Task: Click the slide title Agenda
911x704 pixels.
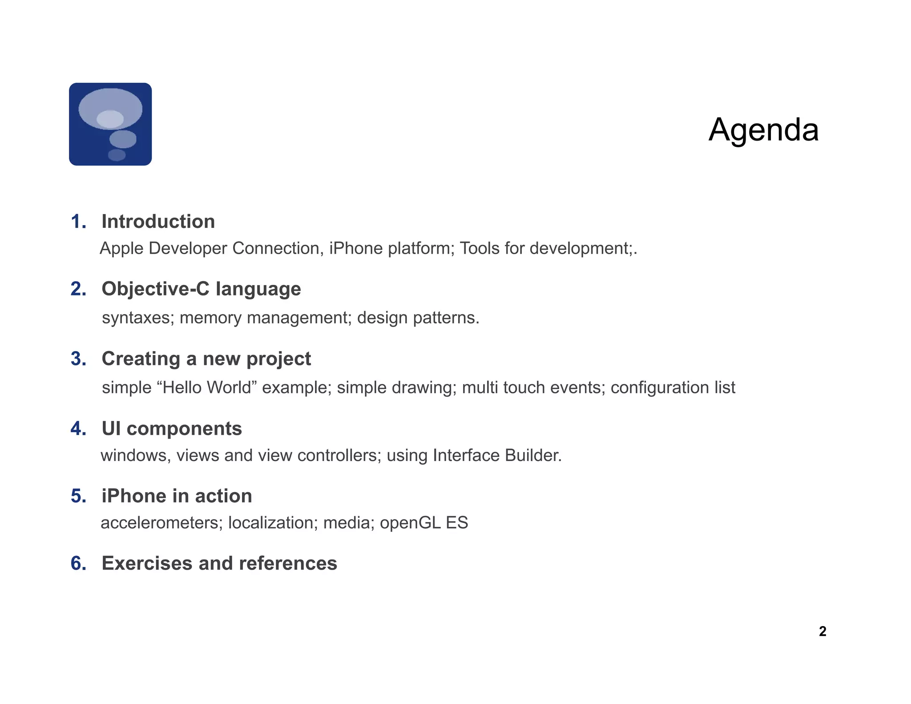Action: click(763, 130)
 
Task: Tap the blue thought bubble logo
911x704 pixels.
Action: click(110, 124)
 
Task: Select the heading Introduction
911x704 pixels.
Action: click(158, 222)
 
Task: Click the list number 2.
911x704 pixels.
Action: click(78, 289)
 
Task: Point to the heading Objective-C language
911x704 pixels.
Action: click(201, 289)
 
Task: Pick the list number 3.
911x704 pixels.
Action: click(78, 359)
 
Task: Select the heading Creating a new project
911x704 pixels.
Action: click(206, 359)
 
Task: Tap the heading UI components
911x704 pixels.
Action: click(172, 429)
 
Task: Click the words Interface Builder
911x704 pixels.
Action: click(496, 456)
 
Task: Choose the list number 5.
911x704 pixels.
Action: click(78, 496)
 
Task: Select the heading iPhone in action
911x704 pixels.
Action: click(177, 496)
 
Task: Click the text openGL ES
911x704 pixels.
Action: click(423, 523)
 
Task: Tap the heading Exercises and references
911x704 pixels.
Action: click(219, 563)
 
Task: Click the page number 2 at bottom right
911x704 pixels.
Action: click(822, 631)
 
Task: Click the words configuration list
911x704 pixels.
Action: click(673, 388)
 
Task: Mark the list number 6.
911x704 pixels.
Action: click(78, 563)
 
